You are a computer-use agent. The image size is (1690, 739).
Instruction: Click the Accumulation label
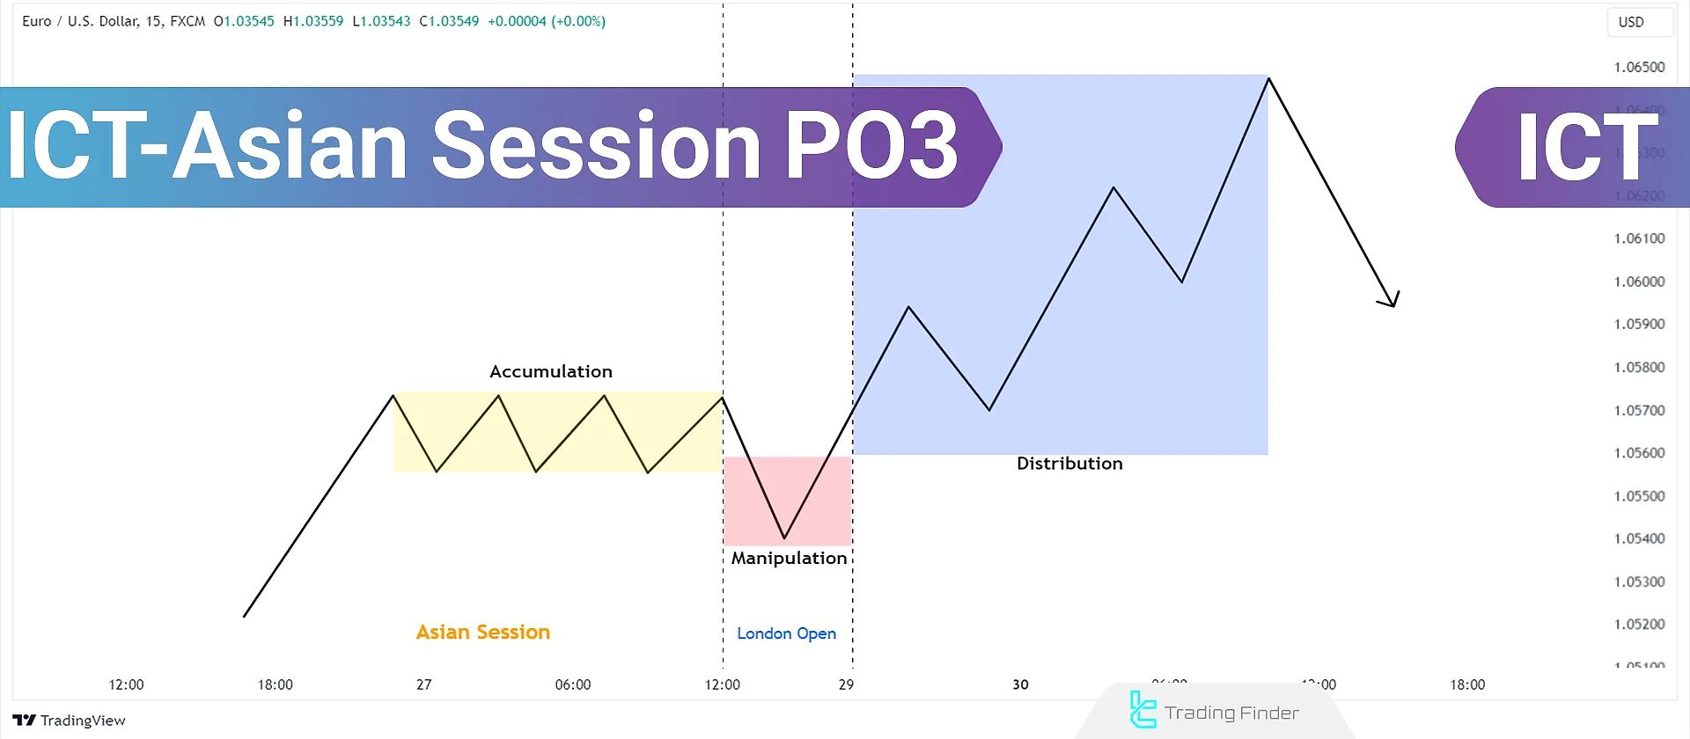click(550, 371)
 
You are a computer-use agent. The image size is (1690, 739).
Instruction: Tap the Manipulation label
click(789, 558)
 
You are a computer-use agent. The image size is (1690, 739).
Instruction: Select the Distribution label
click(1069, 464)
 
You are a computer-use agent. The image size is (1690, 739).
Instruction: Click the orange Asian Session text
click(482, 632)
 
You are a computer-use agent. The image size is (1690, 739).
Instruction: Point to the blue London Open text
click(786, 633)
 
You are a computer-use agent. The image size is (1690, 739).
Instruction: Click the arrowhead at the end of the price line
click(1392, 302)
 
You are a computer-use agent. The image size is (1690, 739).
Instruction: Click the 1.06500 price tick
click(1639, 68)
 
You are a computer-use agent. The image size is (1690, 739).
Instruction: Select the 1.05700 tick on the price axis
click(1639, 411)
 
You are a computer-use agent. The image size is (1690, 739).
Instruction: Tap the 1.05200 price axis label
click(1639, 625)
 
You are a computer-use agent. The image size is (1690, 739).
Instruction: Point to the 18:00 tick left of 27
click(275, 684)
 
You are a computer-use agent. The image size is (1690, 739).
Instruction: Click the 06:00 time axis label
click(573, 684)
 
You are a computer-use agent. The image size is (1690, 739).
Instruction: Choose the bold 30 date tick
click(1020, 684)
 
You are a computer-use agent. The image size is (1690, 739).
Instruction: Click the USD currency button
click(1631, 22)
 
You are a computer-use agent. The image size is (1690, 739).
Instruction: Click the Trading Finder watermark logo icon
click(1142, 711)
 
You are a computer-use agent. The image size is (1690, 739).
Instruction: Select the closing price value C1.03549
click(449, 21)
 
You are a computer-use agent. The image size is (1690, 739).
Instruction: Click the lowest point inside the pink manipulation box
click(784, 538)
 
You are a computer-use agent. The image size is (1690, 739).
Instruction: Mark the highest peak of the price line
click(1268, 79)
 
